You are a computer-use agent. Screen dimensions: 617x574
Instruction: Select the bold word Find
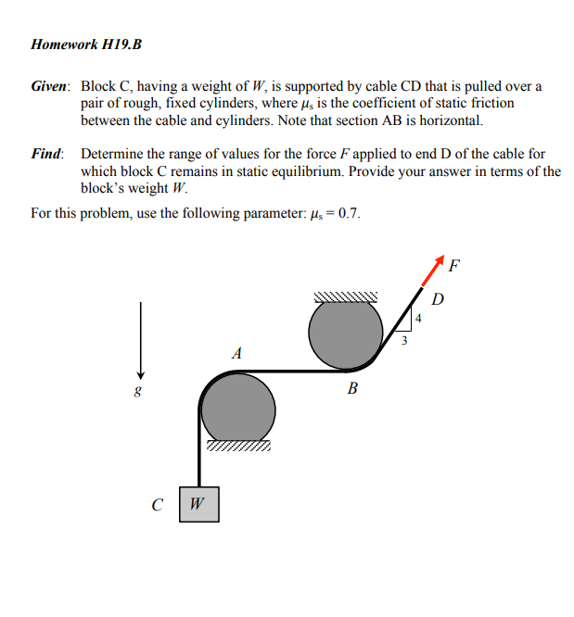click(x=46, y=154)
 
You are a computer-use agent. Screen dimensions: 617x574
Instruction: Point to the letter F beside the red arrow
click(x=453, y=269)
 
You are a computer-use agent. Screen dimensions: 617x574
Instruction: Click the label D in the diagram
click(x=438, y=298)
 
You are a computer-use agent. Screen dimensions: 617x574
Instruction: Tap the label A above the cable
click(x=237, y=353)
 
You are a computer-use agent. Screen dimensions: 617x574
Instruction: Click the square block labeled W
click(x=199, y=504)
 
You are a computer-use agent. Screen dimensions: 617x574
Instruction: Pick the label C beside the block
click(x=159, y=505)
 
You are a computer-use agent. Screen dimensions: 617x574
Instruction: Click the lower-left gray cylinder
click(x=237, y=407)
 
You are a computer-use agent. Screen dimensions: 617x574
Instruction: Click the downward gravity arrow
click(x=141, y=339)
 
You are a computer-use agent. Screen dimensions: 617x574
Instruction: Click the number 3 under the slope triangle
click(x=403, y=341)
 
